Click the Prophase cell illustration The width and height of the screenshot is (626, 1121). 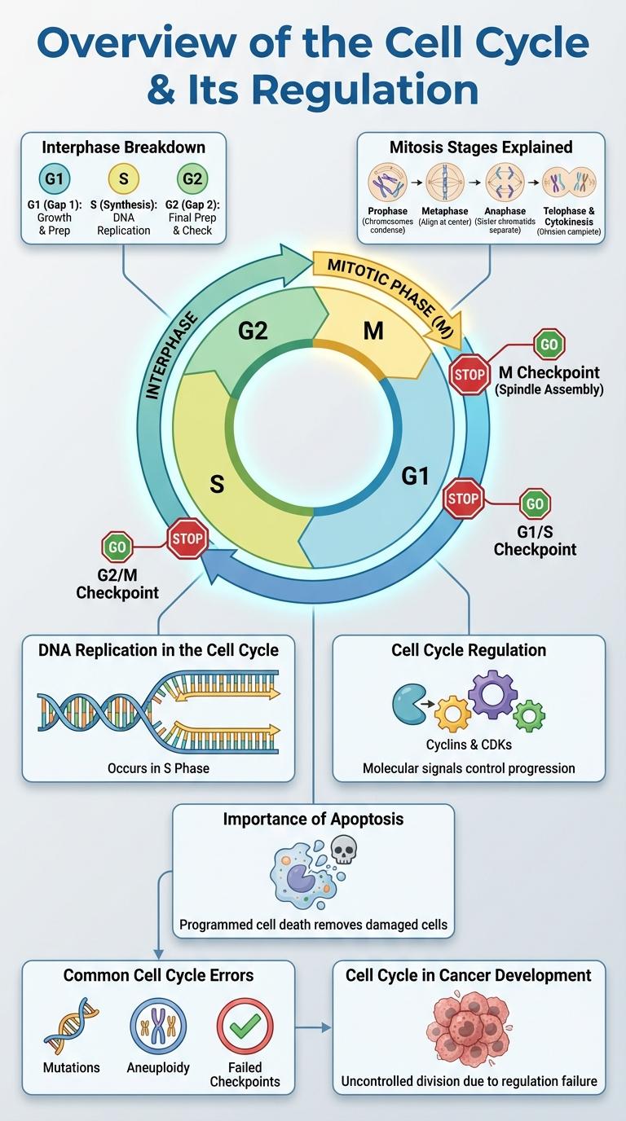387,183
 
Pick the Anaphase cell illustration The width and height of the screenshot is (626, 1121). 505,183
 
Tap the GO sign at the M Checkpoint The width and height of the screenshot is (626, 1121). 549,345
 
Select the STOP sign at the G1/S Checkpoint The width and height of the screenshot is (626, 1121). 463,499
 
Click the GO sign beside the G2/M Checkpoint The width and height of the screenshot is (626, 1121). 117,547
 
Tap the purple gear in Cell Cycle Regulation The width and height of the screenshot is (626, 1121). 492,693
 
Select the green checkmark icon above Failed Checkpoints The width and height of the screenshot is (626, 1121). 245,1027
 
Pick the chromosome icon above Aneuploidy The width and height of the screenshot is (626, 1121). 158,1027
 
